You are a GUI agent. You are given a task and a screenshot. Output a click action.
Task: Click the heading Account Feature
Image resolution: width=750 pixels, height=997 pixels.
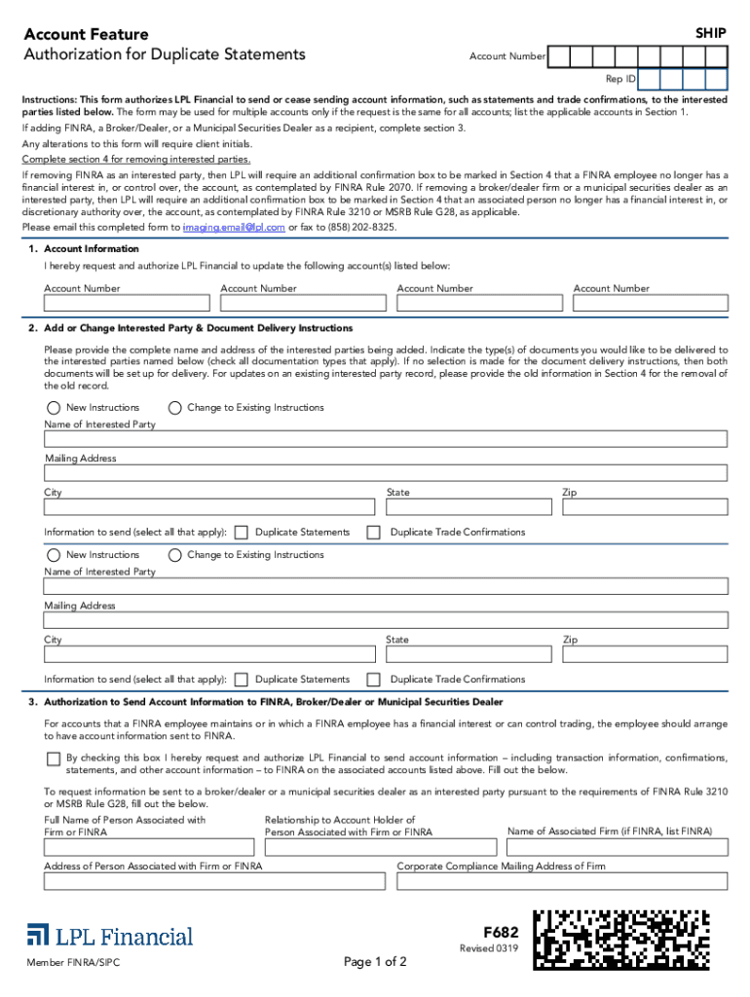pyautogui.click(x=87, y=35)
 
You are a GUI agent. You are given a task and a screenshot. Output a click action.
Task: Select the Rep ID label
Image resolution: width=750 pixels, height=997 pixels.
pyautogui.click(x=620, y=79)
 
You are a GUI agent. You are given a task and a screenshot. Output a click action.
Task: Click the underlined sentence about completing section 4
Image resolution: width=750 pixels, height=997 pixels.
pyautogui.click(x=137, y=159)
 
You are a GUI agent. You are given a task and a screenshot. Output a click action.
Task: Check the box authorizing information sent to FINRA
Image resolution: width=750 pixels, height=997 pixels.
pyautogui.click(x=53, y=757)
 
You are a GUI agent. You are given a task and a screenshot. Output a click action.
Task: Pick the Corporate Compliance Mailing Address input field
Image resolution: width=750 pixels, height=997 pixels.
pyautogui.click(x=562, y=881)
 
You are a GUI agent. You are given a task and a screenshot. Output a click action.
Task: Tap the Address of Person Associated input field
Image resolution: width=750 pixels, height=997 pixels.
pyautogui.click(x=215, y=881)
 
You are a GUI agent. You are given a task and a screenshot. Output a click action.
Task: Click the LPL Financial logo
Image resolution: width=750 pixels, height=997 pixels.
pyautogui.click(x=110, y=936)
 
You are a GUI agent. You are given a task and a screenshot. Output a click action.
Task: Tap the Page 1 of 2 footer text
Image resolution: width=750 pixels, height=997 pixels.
pyautogui.click(x=375, y=962)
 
